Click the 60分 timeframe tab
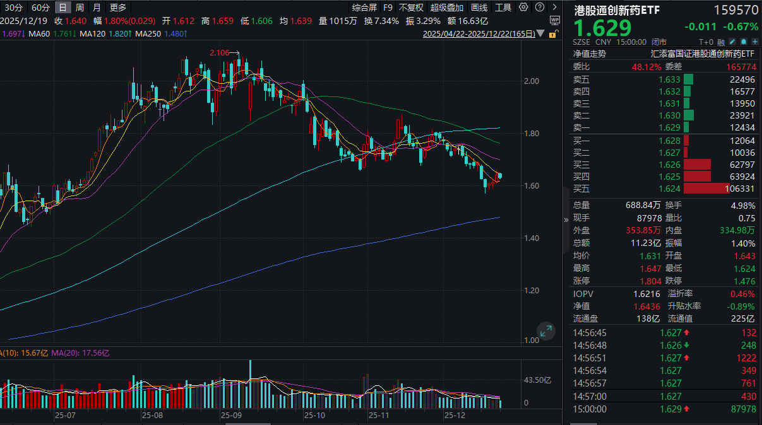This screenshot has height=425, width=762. [x=40, y=8]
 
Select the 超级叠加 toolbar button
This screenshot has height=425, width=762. [x=446, y=8]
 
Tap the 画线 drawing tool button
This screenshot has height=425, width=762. [x=479, y=8]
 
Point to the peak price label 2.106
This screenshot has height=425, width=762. [x=219, y=53]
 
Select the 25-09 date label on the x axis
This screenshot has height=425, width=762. [x=232, y=416]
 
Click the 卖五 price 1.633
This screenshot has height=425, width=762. [x=669, y=79]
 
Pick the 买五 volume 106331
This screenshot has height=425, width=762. [x=740, y=189]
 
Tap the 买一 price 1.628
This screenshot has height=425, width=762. [x=669, y=140]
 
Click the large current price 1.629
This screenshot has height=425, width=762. [x=602, y=28]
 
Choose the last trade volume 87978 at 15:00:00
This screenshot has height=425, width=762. [x=742, y=409]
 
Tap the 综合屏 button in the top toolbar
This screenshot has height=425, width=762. [x=364, y=8]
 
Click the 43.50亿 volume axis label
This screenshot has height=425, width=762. [x=538, y=380]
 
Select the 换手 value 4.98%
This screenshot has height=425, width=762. [x=742, y=205]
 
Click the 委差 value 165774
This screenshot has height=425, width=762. [x=740, y=66]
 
